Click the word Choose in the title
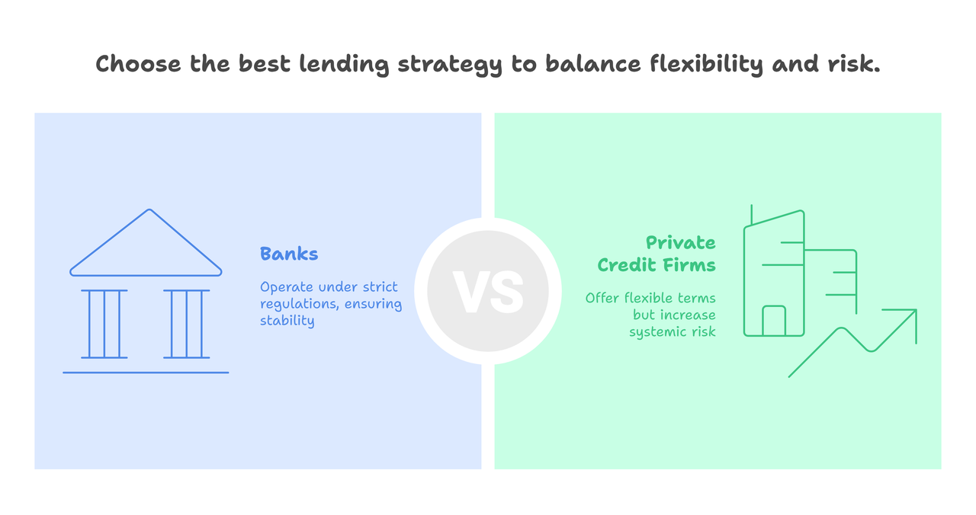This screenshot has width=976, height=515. pos(138,63)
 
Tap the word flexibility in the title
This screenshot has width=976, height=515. pos(706,65)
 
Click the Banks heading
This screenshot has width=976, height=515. pos(289,254)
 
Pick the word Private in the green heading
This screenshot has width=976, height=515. pos(681,242)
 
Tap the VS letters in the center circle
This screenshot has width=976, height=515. pos(488,291)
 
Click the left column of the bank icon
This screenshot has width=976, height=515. pos(104,324)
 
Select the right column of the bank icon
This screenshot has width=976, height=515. pos(187,324)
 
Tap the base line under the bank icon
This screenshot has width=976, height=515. pos(146,373)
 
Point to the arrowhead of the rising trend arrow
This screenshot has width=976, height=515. pos(916,310)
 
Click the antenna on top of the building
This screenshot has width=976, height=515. pos(752,215)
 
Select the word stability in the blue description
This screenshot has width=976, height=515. pos(287,321)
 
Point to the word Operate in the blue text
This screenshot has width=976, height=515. pos(287,287)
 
